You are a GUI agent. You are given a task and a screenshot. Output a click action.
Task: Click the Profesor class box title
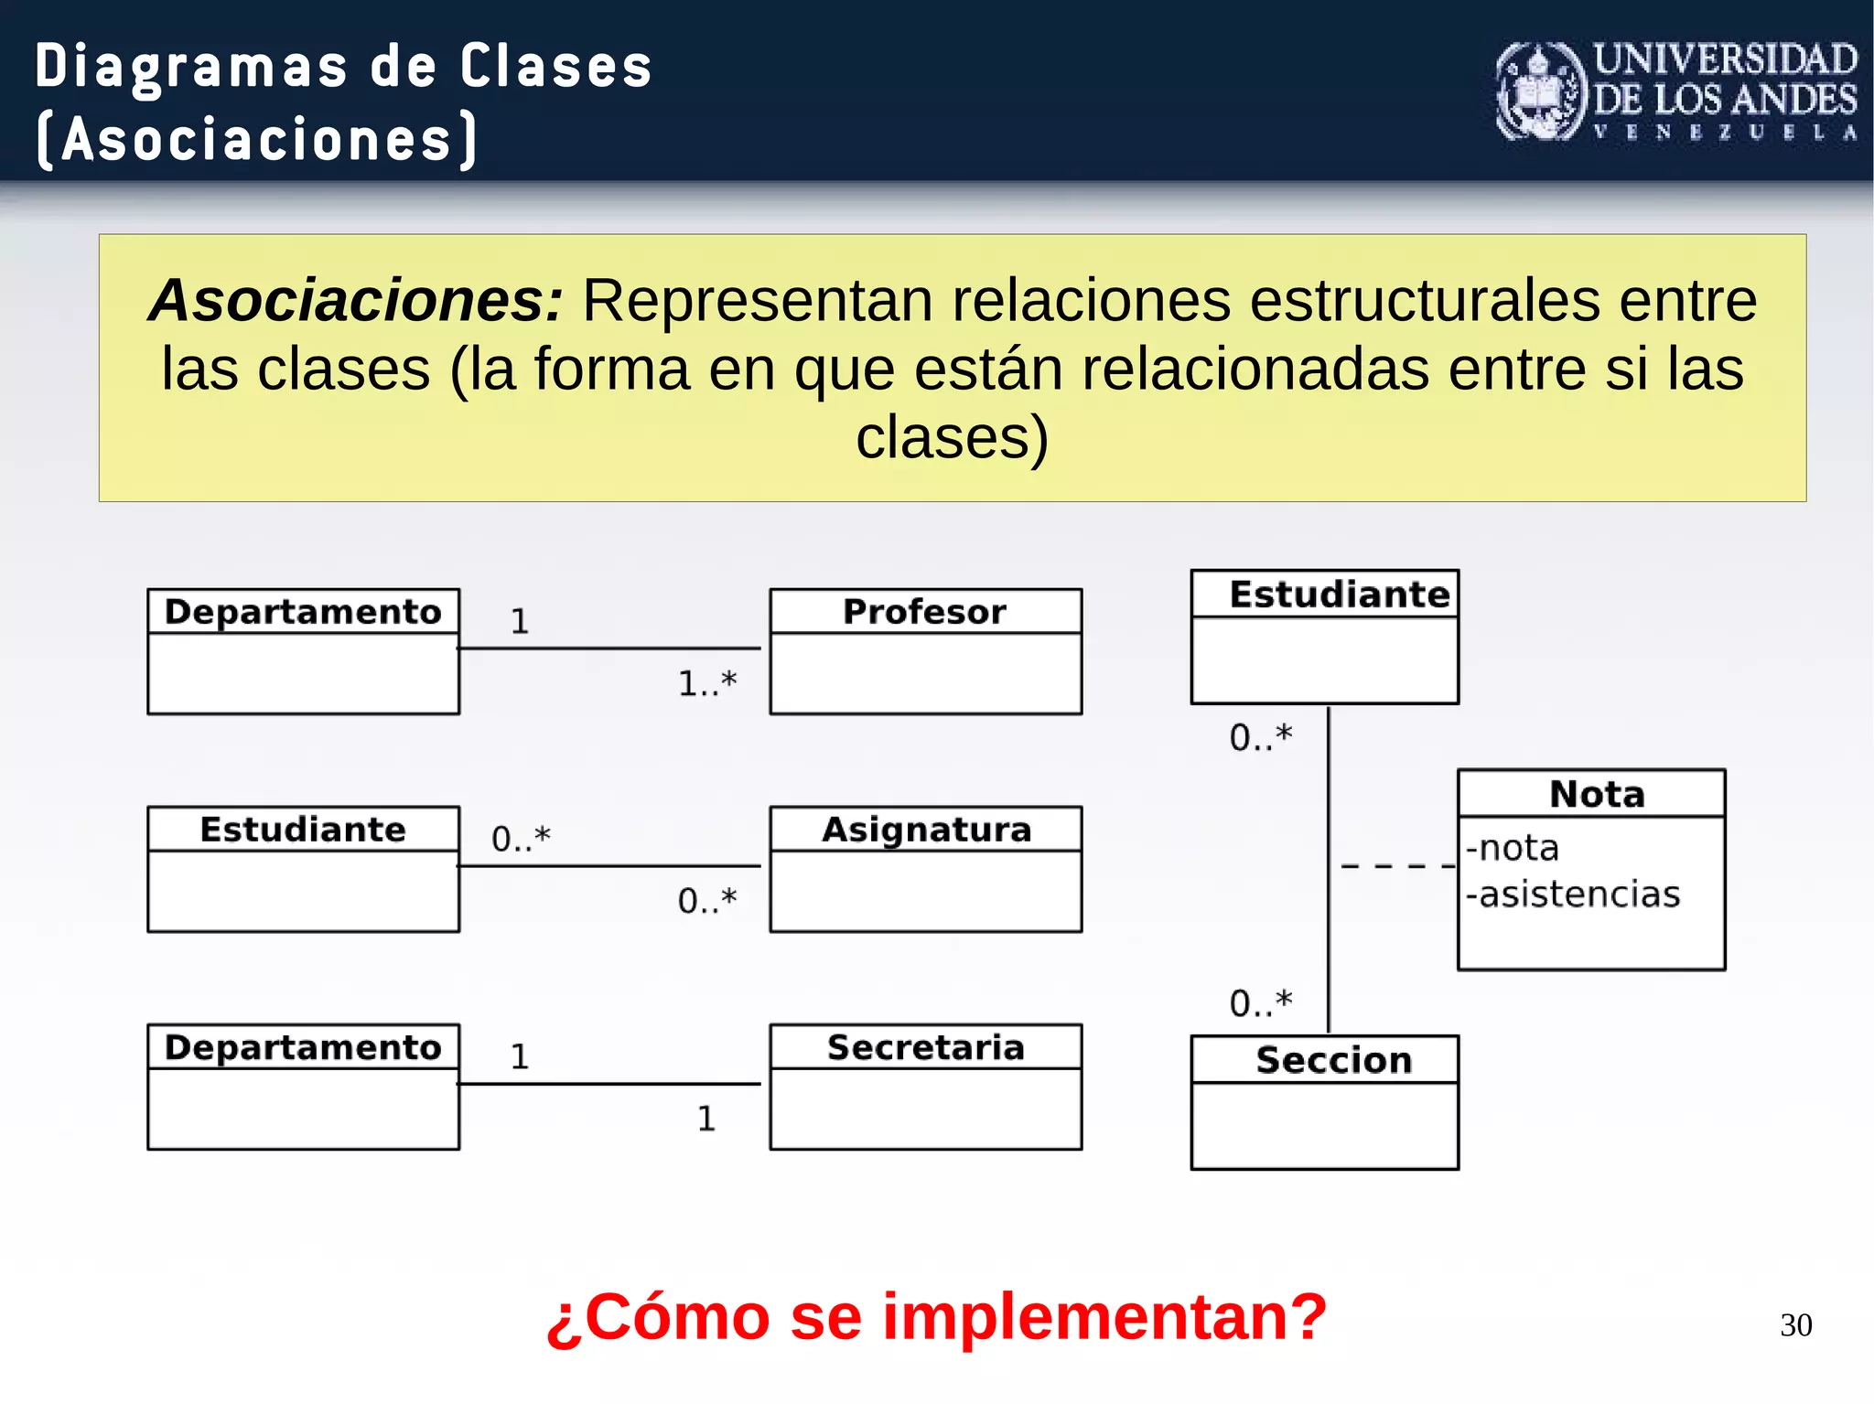924,611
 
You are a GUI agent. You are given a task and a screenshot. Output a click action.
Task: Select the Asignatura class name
926,829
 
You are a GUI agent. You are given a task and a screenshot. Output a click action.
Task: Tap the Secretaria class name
925,1046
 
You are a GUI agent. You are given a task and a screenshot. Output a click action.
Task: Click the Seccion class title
1333,1059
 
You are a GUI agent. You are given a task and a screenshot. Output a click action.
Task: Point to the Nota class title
1597,793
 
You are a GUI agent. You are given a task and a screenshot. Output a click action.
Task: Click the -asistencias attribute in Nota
1573,894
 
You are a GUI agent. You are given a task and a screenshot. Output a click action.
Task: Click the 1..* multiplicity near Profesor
706,683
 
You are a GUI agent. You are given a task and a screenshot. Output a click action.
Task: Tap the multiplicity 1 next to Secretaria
705,1118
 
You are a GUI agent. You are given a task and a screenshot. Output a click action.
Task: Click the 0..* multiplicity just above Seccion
1260,1002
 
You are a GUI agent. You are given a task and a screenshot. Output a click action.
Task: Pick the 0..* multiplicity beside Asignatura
706,900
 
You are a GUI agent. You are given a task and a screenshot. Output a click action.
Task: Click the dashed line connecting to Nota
1396,865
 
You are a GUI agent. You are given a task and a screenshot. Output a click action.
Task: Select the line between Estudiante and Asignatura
609,865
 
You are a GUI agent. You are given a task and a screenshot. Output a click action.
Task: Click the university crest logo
1541,91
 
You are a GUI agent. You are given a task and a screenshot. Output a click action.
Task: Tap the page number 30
1795,1324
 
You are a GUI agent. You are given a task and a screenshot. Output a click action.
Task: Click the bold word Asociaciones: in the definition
356,300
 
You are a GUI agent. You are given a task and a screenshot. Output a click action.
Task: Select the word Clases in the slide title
555,67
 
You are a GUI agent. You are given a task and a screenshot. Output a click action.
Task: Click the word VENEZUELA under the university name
1725,132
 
